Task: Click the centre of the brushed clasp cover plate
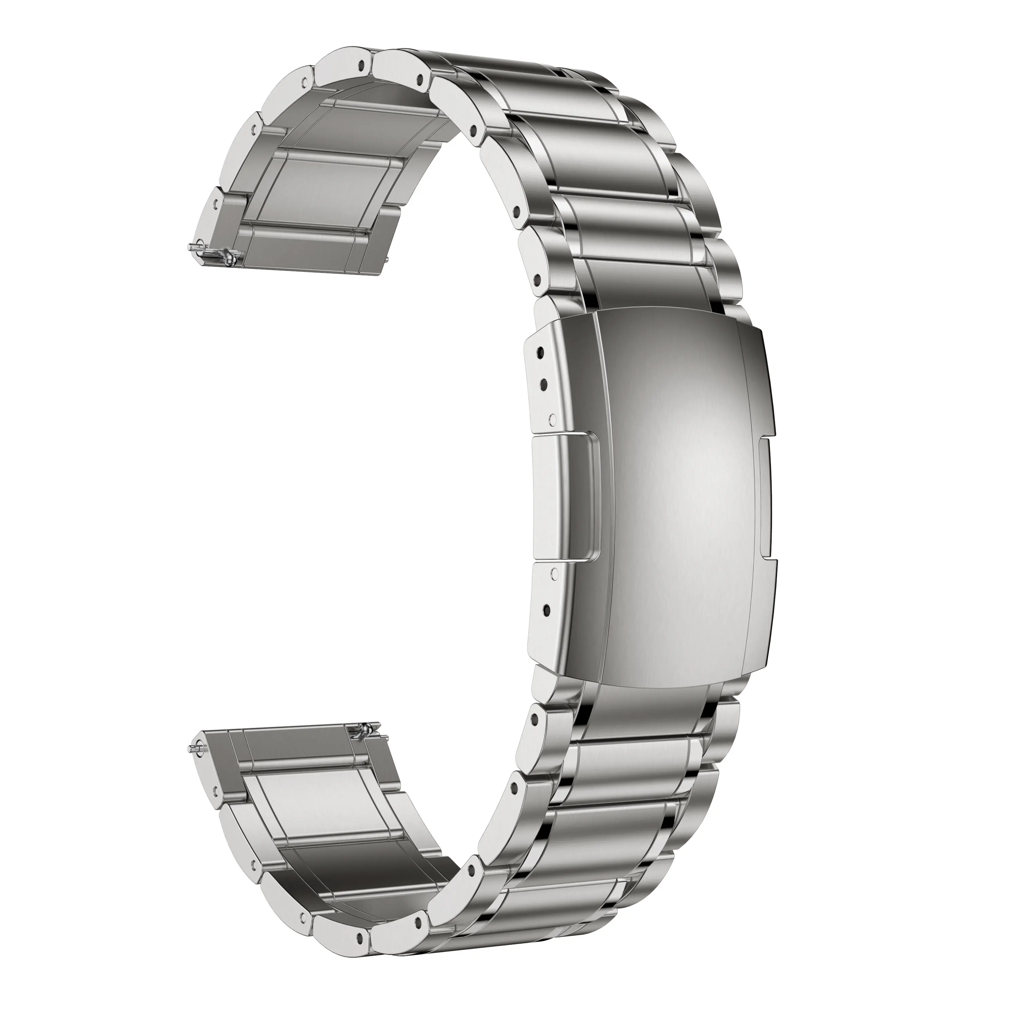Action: click(680, 495)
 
